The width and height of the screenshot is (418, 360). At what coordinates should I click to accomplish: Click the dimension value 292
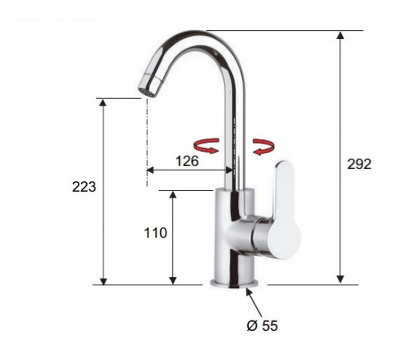[x=359, y=164]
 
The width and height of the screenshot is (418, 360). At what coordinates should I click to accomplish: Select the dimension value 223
[x=84, y=186]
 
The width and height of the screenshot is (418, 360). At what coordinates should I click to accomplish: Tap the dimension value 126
[x=187, y=161]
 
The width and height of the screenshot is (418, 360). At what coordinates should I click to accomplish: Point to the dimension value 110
[x=155, y=233]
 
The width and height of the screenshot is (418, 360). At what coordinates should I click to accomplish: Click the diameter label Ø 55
[x=262, y=326]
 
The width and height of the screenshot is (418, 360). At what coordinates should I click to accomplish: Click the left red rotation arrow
[x=207, y=146]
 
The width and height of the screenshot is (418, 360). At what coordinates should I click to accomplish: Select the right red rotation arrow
[x=264, y=147]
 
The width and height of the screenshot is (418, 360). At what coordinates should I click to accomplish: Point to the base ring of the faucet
[x=234, y=284]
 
